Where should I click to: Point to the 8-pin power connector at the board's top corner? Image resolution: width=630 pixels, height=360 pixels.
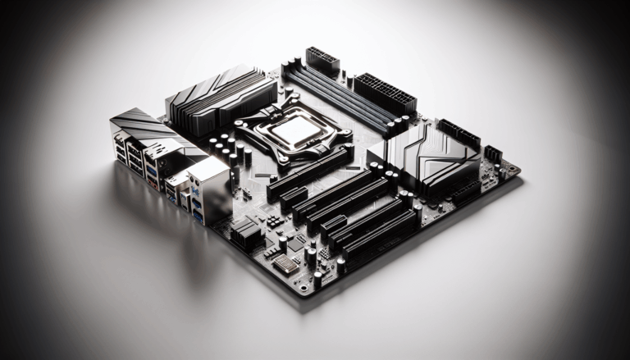[x=322, y=62]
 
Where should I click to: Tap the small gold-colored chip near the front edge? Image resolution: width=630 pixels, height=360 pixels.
[x=285, y=262]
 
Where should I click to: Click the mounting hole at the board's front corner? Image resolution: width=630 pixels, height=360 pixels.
[x=305, y=288]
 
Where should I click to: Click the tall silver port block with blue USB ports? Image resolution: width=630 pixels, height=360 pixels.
[x=208, y=190]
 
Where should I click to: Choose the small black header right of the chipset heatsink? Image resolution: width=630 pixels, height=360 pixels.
[x=492, y=153]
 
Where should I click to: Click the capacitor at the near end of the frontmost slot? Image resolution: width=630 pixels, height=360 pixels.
[x=340, y=264]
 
